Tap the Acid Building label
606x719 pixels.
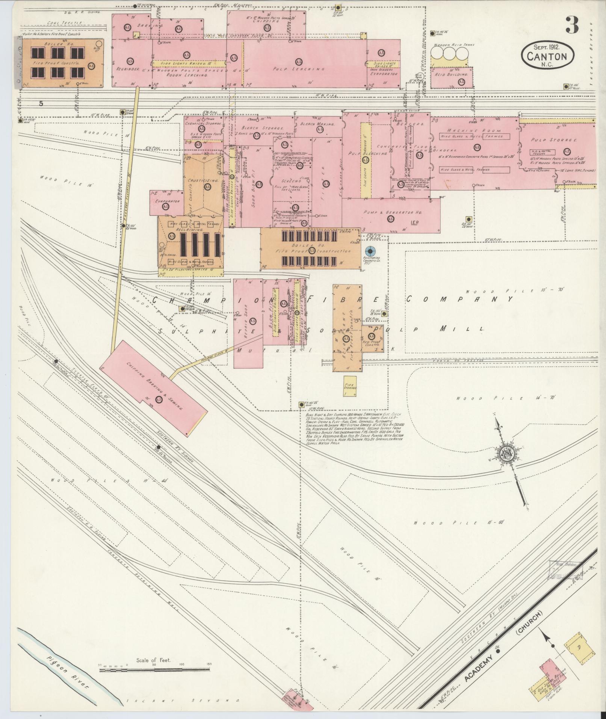pos(451,75)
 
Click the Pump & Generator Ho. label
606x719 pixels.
pos(392,212)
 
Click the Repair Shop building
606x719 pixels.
pos(248,323)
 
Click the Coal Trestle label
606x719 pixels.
pos(60,23)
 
